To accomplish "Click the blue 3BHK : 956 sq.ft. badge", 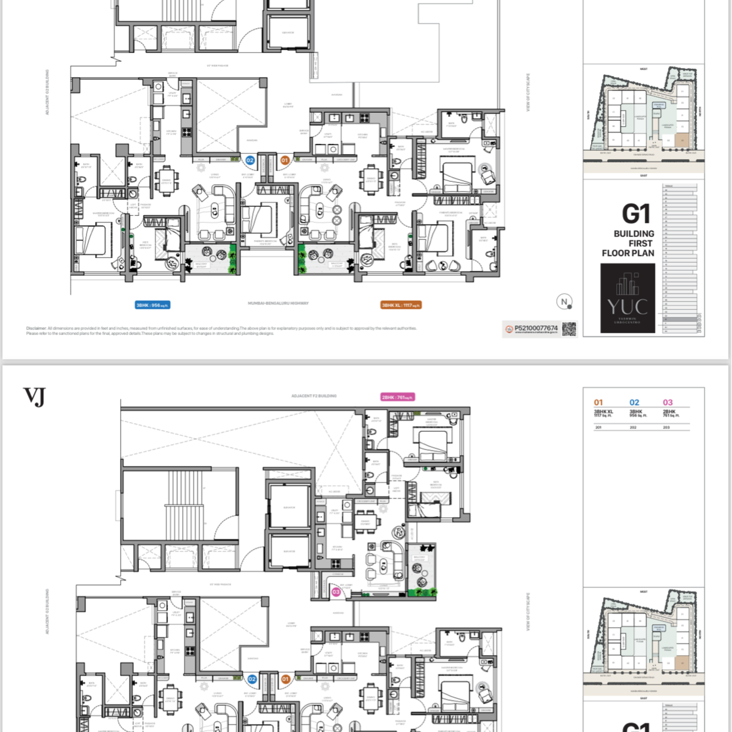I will tap(152, 305).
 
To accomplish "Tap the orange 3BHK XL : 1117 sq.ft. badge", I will tap(401, 305).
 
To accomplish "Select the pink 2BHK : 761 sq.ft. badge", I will tap(398, 397).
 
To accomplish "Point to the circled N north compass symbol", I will tap(564, 301).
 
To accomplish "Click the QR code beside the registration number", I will tap(569, 329).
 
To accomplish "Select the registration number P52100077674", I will tap(536, 328).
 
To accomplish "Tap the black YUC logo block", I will tap(628, 298).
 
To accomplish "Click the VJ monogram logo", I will tap(34, 397).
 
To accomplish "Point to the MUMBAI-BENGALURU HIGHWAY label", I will tap(278, 303).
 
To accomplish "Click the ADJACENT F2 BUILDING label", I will tap(314, 396).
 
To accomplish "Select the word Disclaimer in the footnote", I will tap(36, 328).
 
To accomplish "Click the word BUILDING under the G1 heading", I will tap(634, 234).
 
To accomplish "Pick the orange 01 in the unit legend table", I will tap(598, 403).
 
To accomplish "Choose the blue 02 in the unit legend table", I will tap(634, 403).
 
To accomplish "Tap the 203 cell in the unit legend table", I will tap(666, 428).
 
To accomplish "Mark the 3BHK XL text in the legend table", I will tap(603, 412).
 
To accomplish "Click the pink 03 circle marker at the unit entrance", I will tap(335, 592).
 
